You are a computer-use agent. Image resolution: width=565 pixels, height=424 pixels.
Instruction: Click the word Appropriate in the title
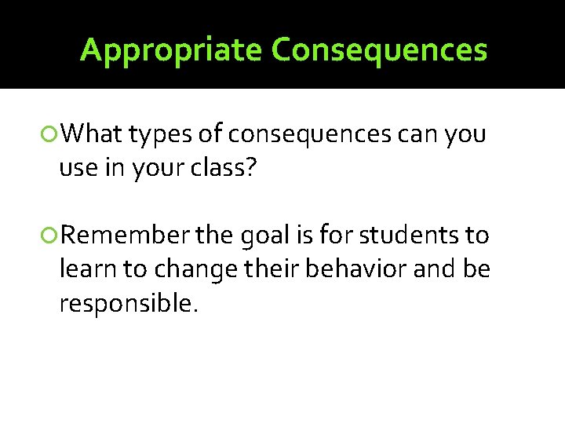click(172, 50)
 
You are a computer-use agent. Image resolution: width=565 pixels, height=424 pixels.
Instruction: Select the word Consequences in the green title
click(379, 50)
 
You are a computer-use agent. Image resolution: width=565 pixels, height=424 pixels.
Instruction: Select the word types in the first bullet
click(160, 136)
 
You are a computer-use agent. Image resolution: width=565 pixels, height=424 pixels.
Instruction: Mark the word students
click(403, 235)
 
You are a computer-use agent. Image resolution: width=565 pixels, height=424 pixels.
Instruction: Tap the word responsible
click(126, 303)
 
